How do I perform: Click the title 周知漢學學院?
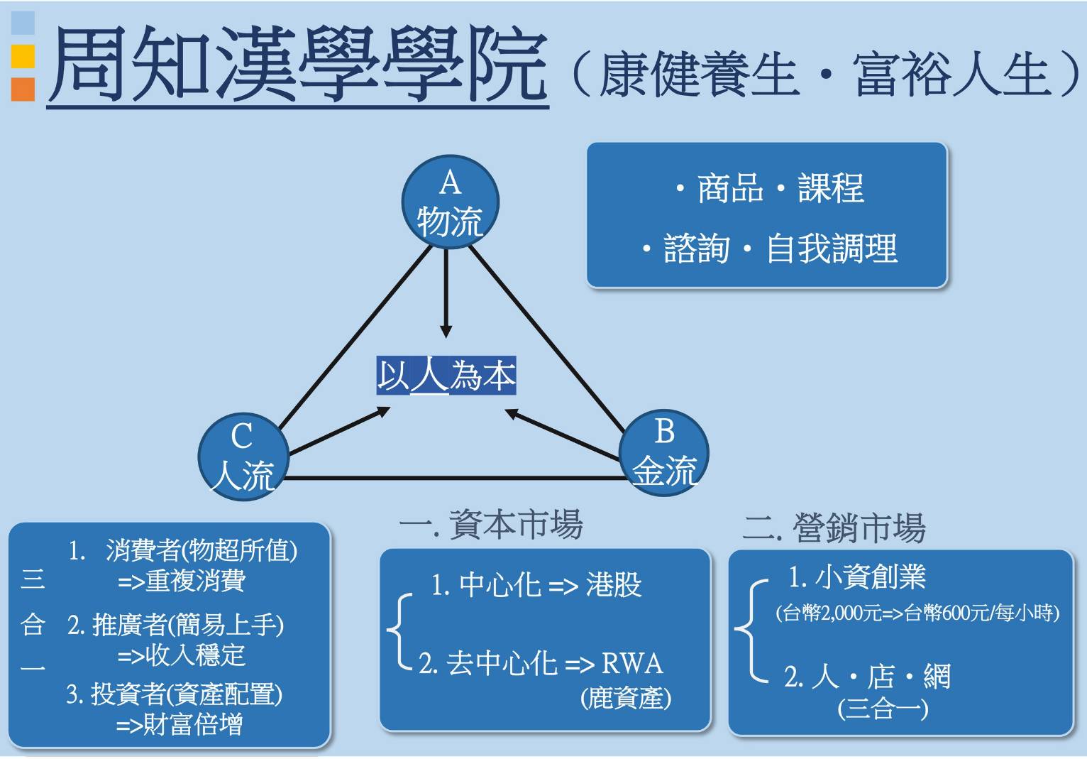pos(298,65)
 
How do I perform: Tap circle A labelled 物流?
pos(450,202)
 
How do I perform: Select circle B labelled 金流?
pos(664,452)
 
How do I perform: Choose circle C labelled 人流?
pos(243,457)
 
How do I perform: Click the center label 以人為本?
pos(446,376)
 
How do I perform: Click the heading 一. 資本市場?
pos(491,525)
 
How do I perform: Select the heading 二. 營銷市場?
pos(834,528)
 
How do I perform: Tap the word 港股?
pos(614,585)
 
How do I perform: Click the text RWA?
pos(632,664)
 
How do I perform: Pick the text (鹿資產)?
pos(626,699)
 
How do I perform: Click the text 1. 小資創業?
pos(857,577)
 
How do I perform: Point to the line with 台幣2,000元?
pos(917,613)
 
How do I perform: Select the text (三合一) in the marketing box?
pos(883,709)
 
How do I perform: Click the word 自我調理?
pos(832,249)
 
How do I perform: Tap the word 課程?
pos(830,189)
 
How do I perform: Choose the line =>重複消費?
pos(182,581)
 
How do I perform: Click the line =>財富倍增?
pos(180,725)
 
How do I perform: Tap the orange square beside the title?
pos(23,89)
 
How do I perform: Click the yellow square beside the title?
pos(23,56)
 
